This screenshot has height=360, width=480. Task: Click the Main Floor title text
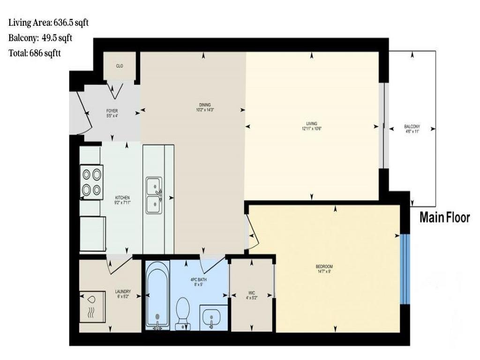(444, 217)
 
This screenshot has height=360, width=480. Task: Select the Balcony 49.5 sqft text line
(40, 38)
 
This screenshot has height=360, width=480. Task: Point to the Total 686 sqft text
(35, 53)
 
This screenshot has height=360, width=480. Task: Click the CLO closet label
(120, 66)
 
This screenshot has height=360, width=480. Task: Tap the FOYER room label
(112, 113)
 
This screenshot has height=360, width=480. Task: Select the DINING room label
(204, 107)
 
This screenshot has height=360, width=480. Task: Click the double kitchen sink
(154, 195)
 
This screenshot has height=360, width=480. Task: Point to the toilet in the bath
(182, 312)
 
